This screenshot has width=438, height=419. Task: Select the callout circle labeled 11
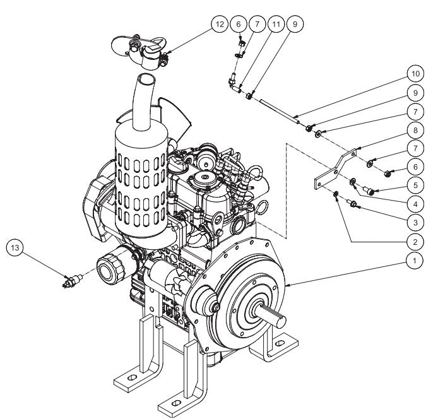[x=275, y=25]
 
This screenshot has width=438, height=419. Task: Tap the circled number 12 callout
[x=218, y=25]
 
